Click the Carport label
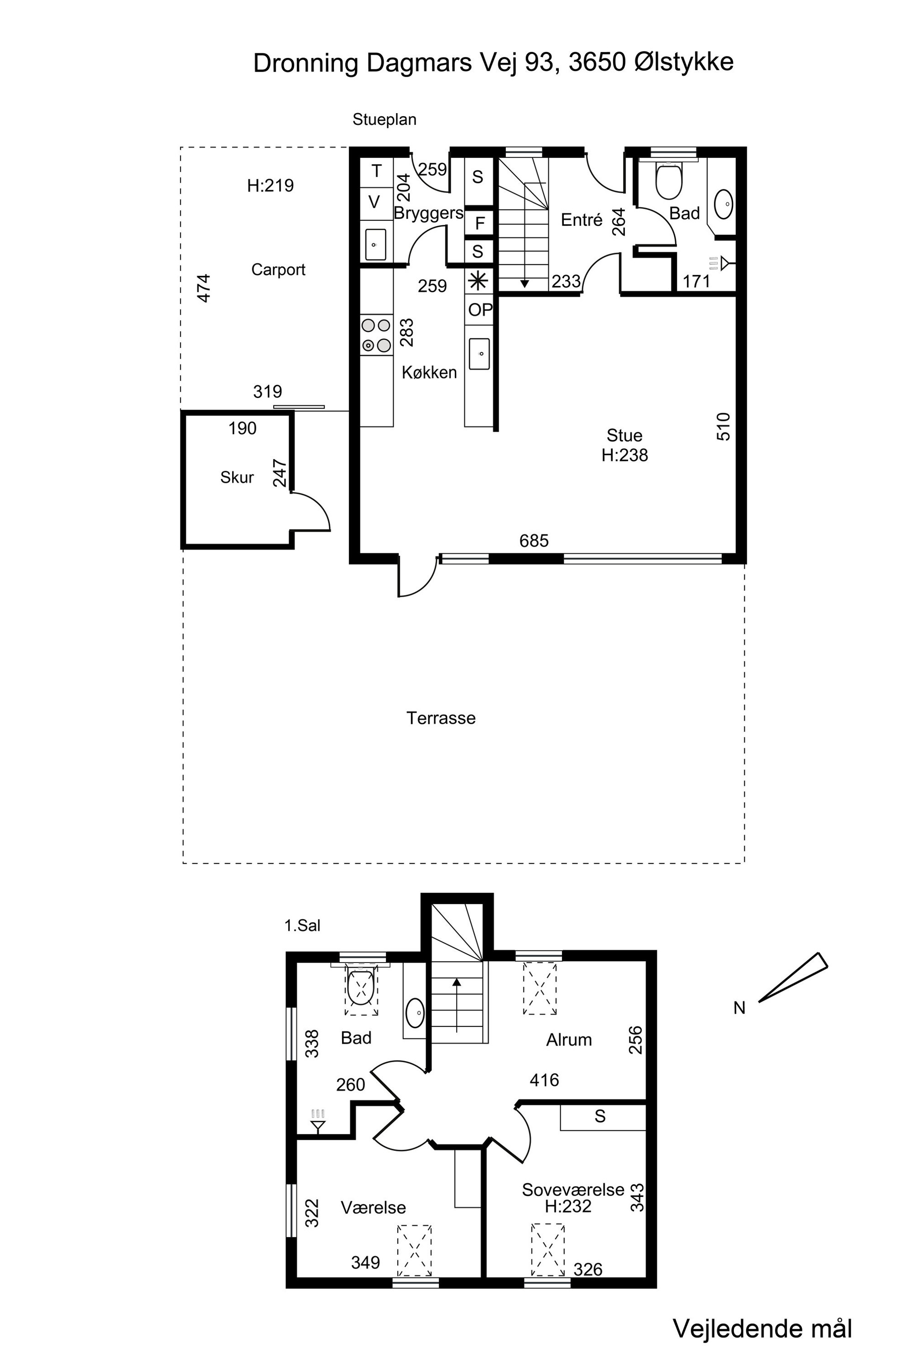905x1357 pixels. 278,269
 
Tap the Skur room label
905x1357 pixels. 237,477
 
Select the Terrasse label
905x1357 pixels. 441,718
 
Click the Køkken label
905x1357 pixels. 429,372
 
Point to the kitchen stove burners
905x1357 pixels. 376,335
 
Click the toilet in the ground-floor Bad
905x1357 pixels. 669,180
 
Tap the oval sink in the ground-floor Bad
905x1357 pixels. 724,204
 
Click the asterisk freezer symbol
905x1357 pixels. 478,281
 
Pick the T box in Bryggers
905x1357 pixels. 376,171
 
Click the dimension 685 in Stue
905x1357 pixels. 534,541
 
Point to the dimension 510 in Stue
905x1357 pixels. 723,427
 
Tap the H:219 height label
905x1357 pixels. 270,185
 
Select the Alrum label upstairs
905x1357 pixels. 569,1040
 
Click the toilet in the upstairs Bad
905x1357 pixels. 362,987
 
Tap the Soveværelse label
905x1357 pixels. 573,1189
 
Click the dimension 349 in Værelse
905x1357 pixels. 365,1262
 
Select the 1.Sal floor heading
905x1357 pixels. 302,926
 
